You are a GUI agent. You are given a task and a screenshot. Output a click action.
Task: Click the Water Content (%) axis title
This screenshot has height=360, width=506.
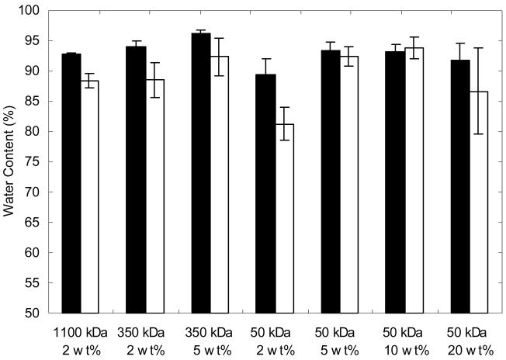tap(10, 162)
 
